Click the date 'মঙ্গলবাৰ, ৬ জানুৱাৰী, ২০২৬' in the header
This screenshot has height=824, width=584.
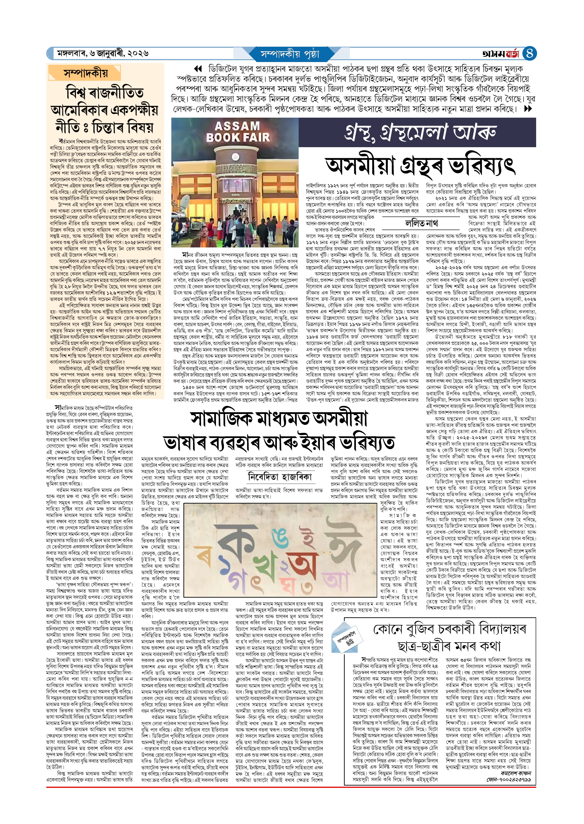click(x=103, y=54)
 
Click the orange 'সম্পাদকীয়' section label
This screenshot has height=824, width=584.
click(x=86, y=73)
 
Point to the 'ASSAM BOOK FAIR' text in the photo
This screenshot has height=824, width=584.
click(x=237, y=132)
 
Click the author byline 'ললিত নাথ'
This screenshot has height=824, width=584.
click(x=421, y=223)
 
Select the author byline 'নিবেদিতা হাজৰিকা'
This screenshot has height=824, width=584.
click(x=280, y=477)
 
